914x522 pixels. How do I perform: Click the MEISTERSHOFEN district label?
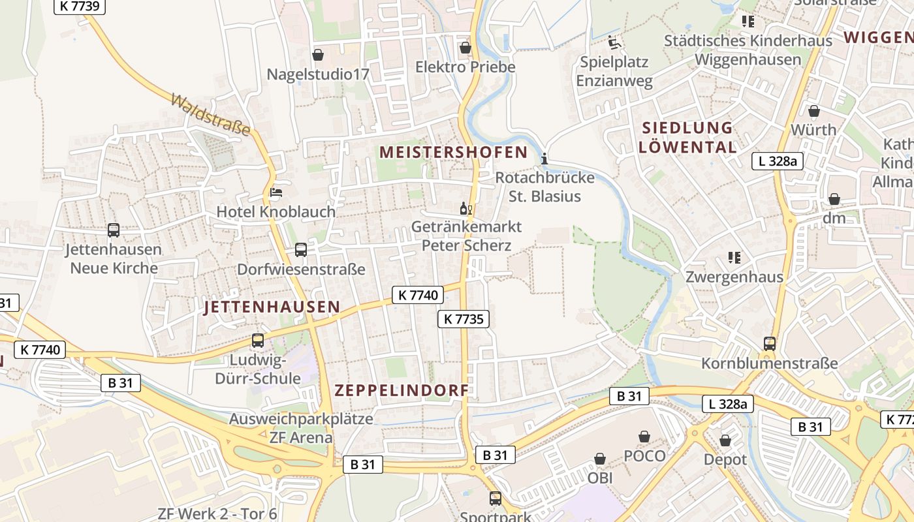click(x=453, y=153)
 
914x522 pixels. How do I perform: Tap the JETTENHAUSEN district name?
click(x=272, y=307)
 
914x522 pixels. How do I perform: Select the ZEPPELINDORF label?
click(x=402, y=391)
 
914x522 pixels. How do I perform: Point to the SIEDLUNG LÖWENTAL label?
click(x=687, y=138)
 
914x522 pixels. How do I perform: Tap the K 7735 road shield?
click(x=463, y=319)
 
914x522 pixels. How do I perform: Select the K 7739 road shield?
click(x=79, y=6)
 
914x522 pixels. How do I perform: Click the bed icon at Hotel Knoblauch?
click(x=276, y=192)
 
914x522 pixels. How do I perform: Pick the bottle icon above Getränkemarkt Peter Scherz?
click(x=466, y=209)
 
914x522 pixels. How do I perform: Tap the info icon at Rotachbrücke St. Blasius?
click(x=544, y=159)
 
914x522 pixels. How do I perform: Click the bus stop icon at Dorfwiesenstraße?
click(x=301, y=250)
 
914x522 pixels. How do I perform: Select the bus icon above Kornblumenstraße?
click(x=770, y=343)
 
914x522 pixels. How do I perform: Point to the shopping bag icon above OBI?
click(x=600, y=459)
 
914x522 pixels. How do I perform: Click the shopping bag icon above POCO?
click(x=644, y=437)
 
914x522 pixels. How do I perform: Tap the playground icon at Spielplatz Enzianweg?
click(x=614, y=43)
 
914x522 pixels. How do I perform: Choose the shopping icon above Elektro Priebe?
click(x=465, y=48)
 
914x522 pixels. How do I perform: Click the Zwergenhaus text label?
click(x=734, y=277)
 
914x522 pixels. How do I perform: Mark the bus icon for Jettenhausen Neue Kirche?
click(x=114, y=230)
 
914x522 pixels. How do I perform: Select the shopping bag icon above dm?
click(x=834, y=199)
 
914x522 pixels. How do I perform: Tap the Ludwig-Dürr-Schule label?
click(x=258, y=369)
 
